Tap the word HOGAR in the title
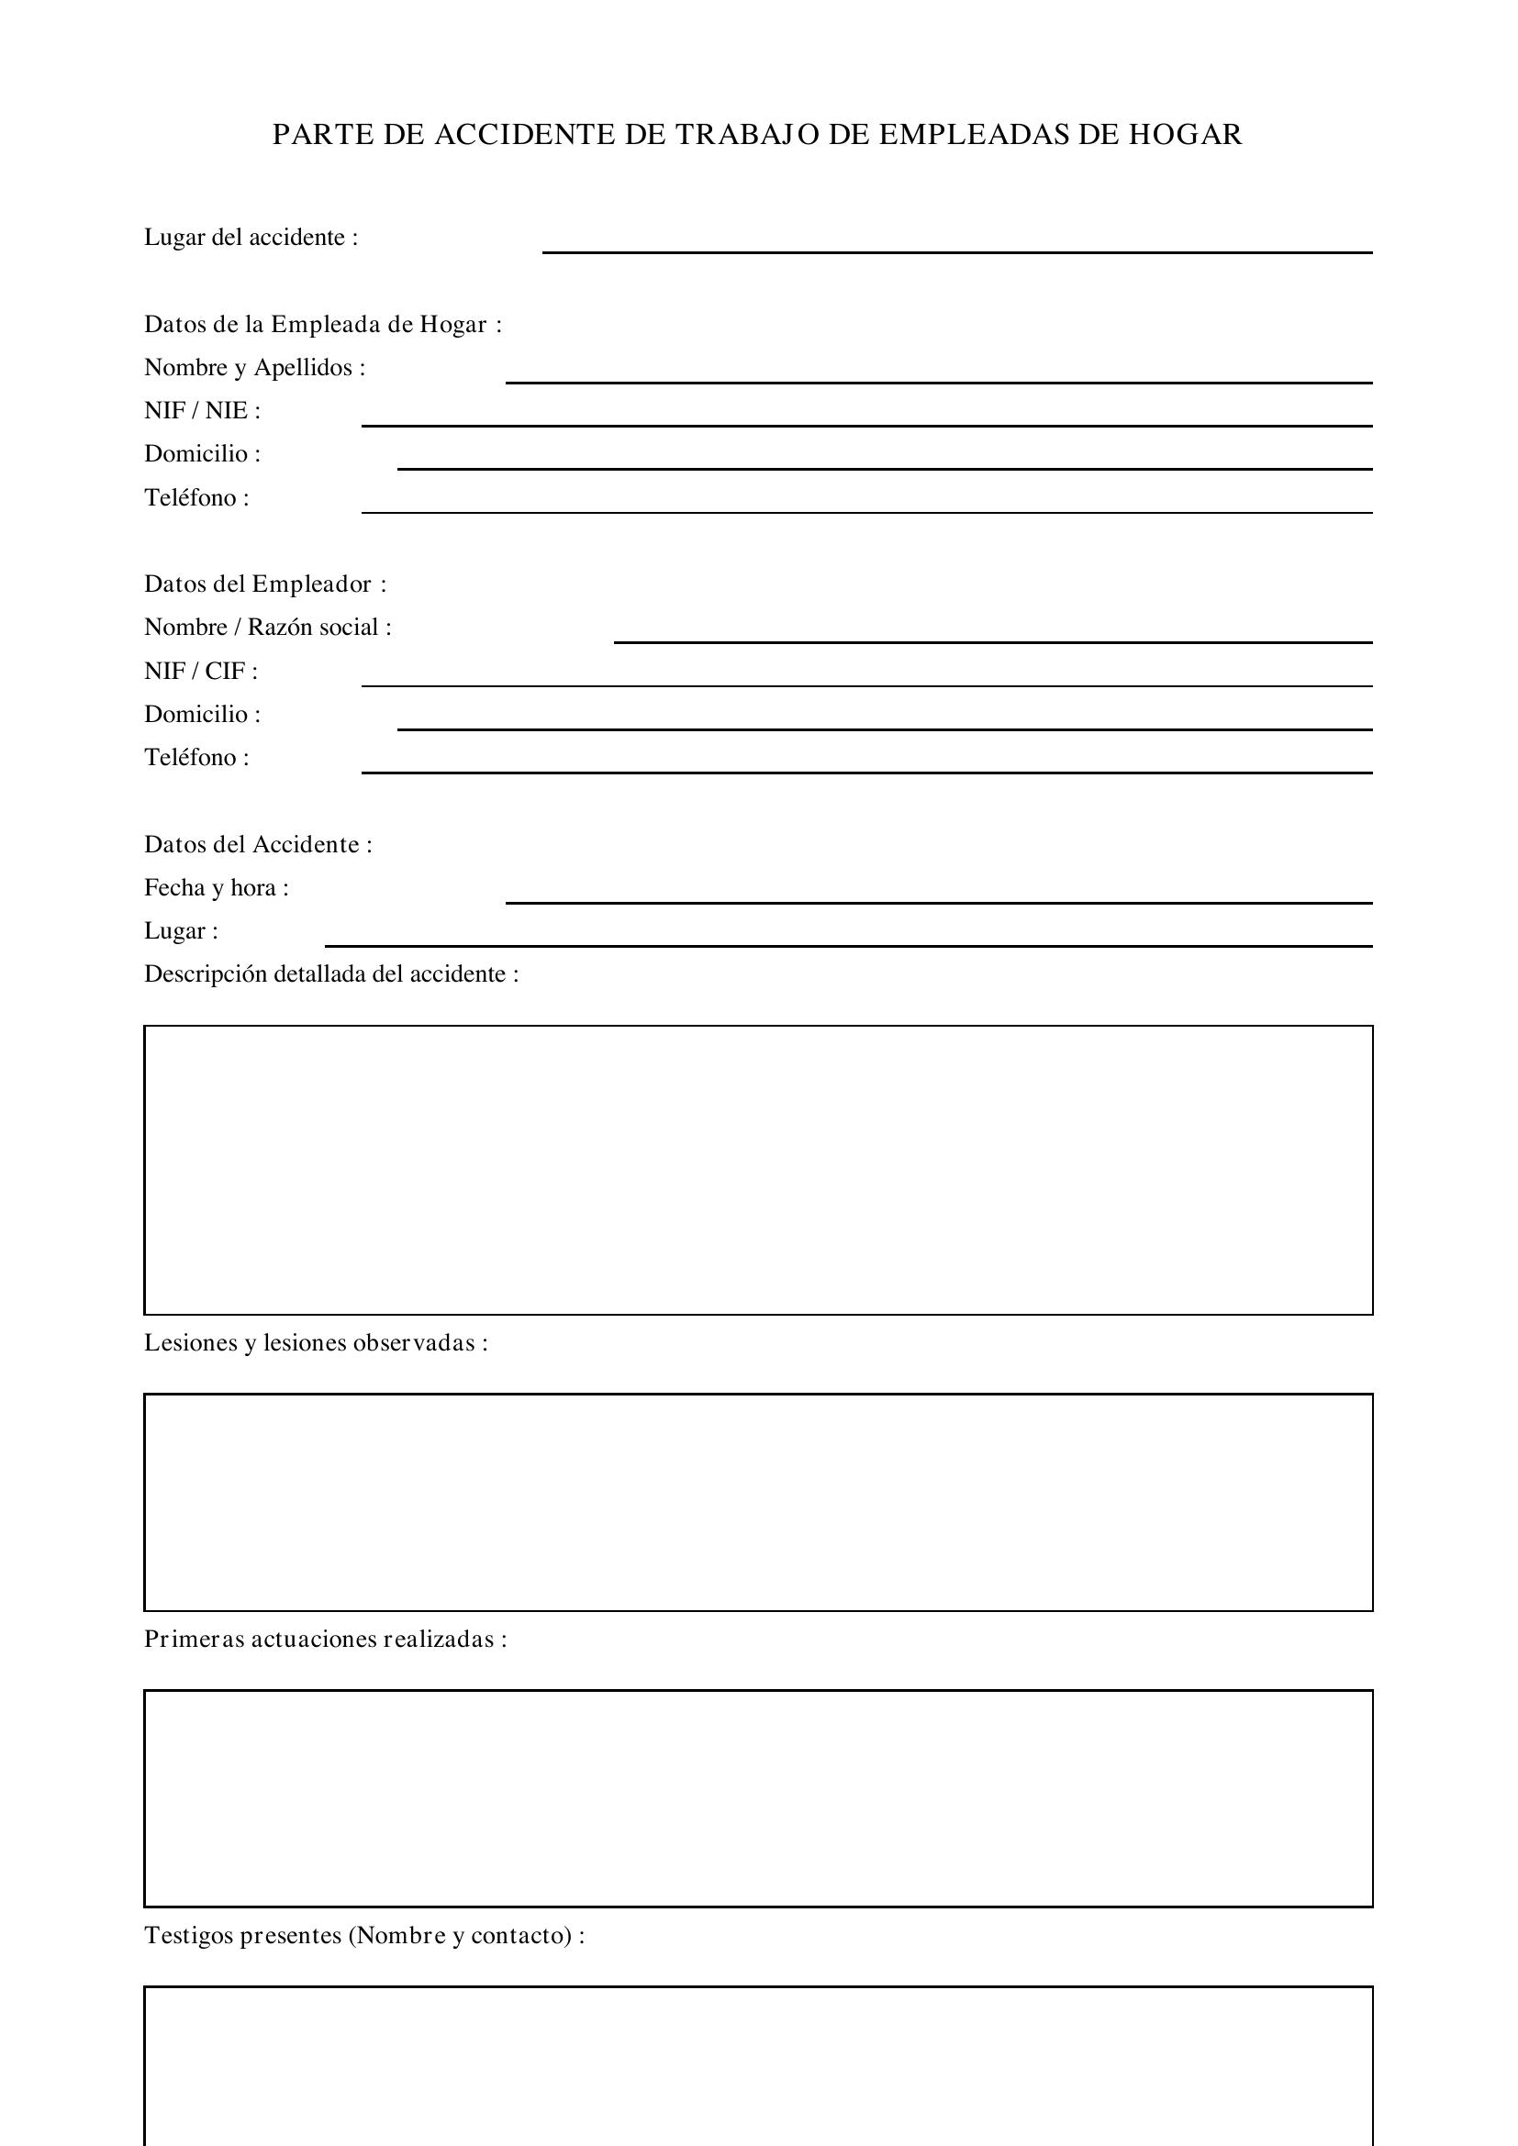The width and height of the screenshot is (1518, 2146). tap(1185, 136)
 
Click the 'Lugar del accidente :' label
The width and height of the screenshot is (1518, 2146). tap(251, 238)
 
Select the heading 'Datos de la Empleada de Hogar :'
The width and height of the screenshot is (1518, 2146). tap(322, 324)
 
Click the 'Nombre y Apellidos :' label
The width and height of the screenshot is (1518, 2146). tap(254, 367)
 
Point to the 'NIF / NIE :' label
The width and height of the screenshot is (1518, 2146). tap(202, 410)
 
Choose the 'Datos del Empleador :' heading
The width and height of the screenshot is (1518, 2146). tap(264, 584)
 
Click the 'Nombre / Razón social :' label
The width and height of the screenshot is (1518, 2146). tap(267, 628)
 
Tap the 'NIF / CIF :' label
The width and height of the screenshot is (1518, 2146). tap(200, 671)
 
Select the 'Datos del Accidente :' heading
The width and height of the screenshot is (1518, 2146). tap(258, 845)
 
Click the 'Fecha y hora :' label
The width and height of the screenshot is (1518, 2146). tap(216, 888)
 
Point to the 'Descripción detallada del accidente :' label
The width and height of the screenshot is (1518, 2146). tap(331, 975)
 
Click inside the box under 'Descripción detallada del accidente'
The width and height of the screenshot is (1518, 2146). tap(758, 1170)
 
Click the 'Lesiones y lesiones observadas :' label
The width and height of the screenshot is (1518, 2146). tap(316, 1343)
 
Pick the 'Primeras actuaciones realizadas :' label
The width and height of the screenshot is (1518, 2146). tap(325, 1639)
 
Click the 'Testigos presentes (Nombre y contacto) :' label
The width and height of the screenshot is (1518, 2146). tap(364, 1935)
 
